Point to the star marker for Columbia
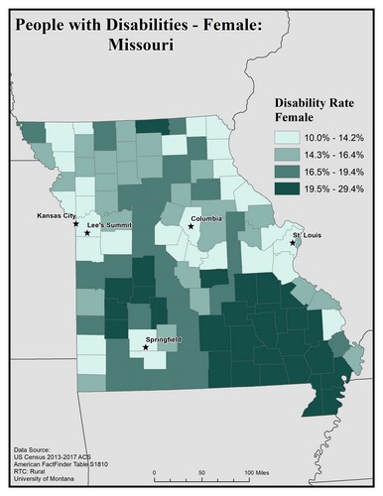pyautogui.click(x=191, y=227)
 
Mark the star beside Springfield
pyautogui.click(x=146, y=348)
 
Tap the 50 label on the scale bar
pyautogui.click(x=202, y=471)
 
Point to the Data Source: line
pyautogui.click(x=36, y=449)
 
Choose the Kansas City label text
pyautogui.click(x=56, y=215)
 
